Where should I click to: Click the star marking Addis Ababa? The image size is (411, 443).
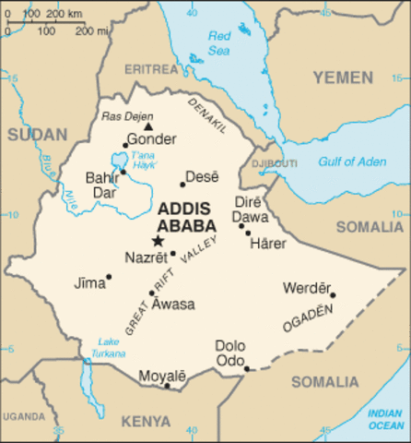pos(157,241)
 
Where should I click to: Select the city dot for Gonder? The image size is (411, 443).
pos(126,145)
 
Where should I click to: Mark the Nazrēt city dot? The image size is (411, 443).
pos(172,253)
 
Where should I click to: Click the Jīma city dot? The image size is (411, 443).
pos(109,276)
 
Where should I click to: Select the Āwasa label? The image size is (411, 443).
pos(173,304)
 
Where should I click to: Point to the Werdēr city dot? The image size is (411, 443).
pos(333,295)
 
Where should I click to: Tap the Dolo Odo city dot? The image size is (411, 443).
pos(247,369)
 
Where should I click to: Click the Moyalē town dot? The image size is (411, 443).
pos(167,385)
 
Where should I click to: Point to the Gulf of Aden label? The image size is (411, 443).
pos(352,162)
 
